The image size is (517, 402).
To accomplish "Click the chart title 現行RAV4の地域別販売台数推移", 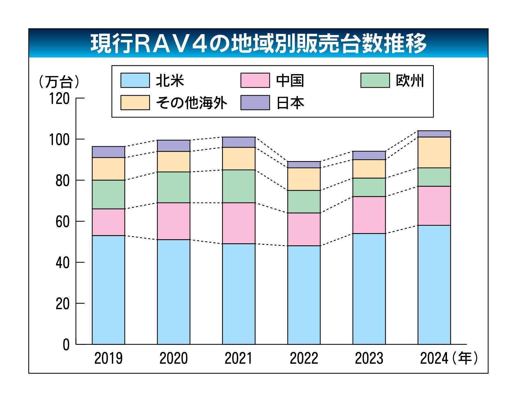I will click(x=258, y=44).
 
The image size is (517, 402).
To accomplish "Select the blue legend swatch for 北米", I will click(x=135, y=80).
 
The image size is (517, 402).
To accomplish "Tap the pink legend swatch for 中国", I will click(x=255, y=80).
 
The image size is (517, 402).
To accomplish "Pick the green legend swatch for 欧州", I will click(x=375, y=80).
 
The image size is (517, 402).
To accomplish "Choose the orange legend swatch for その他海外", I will click(x=135, y=103).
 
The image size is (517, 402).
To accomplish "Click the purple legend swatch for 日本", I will click(x=255, y=103).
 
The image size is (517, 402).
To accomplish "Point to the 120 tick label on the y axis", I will click(x=59, y=99).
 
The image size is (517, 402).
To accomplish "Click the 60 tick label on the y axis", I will click(x=62, y=222).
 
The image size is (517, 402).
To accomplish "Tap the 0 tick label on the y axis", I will click(x=66, y=345).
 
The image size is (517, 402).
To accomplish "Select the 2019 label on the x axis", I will click(x=109, y=358).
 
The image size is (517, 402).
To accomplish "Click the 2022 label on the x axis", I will click(x=304, y=358).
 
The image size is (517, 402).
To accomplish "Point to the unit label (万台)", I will click(x=59, y=82).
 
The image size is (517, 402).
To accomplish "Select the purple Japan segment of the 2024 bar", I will click(x=434, y=134).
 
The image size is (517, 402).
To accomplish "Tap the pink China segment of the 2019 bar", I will click(x=109, y=222).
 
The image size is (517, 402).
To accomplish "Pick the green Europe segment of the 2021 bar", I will click(x=239, y=186).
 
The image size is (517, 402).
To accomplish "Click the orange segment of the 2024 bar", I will click(x=434, y=152).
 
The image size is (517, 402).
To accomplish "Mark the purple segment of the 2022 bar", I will click(x=304, y=165).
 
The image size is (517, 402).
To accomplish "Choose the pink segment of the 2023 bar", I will click(x=369, y=215).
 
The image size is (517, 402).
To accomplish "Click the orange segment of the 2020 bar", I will click(x=174, y=162).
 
